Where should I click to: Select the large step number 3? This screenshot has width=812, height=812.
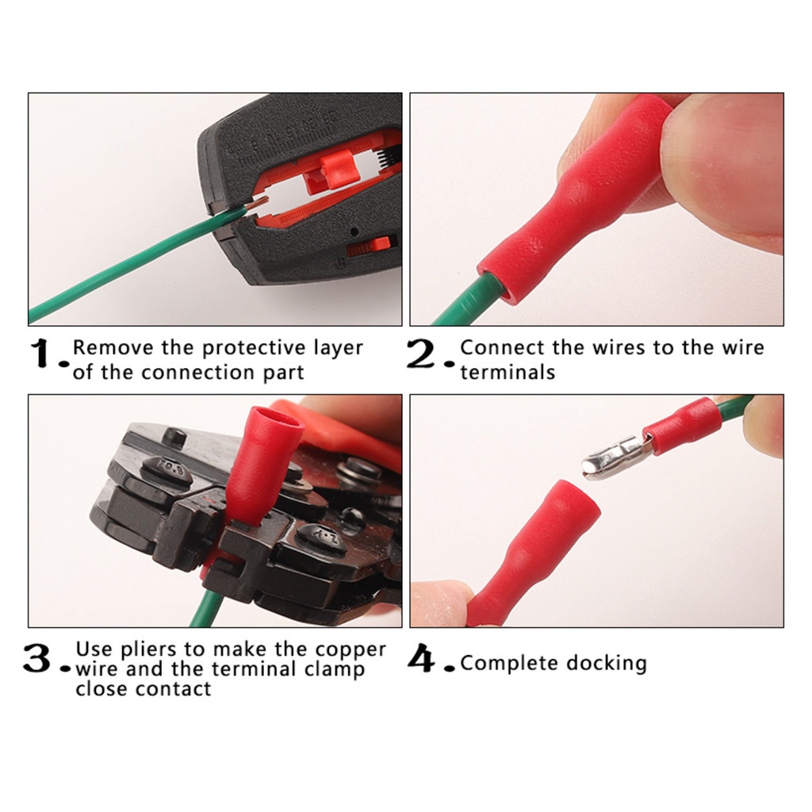[x=37, y=659]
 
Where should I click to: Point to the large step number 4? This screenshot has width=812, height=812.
[x=422, y=658]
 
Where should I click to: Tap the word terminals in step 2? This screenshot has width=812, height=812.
[x=507, y=373]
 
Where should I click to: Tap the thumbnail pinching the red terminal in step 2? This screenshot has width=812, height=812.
[x=725, y=171]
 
